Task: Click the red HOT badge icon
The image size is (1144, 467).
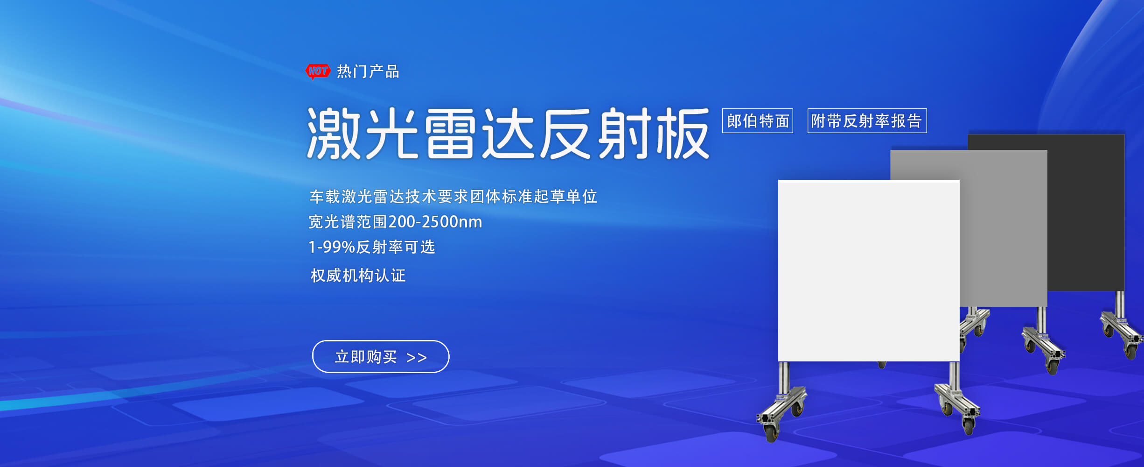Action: (318, 71)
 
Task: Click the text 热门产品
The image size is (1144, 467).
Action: (368, 71)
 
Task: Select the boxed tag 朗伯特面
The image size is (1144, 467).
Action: (758, 121)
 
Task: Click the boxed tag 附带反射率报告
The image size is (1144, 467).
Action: (867, 121)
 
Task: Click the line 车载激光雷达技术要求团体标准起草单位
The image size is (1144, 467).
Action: (453, 197)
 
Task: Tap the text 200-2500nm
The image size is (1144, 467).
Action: (435, 222)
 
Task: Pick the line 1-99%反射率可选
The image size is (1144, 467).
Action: (372, 247)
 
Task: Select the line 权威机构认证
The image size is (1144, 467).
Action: (358, 276)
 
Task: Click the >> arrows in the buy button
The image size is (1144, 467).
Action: (417, 358)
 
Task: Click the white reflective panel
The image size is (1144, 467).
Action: (869, 270)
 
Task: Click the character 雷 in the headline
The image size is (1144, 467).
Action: (450, 134)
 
